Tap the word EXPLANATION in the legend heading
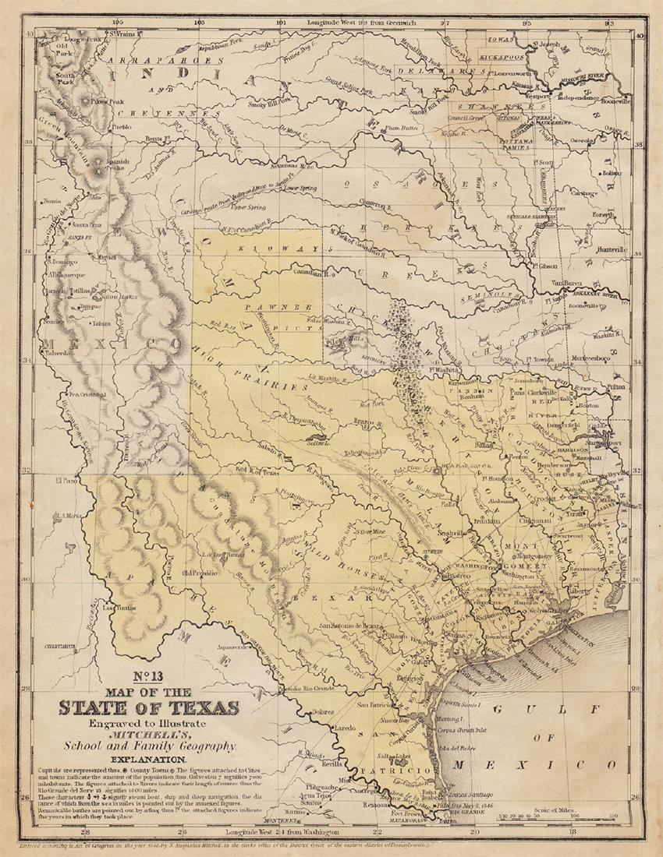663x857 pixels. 147,759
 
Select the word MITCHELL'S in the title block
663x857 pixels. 147,734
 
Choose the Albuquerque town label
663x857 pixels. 69,277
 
